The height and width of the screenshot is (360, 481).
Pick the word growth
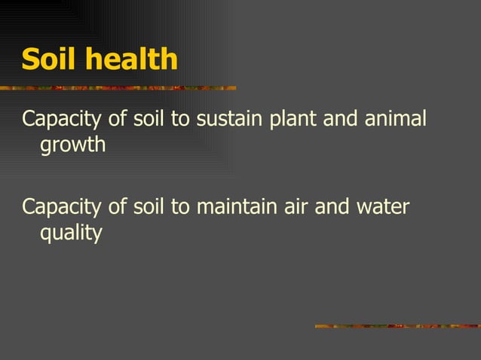(72, 145)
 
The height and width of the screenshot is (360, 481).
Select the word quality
(70, 233)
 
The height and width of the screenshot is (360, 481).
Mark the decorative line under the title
(118, 88)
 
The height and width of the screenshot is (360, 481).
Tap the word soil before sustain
(150, 119)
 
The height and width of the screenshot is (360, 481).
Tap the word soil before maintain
(150, 206)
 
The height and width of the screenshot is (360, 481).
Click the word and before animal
(345, 119)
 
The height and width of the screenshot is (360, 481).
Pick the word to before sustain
(180, 120)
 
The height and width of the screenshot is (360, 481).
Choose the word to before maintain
(180, 207)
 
